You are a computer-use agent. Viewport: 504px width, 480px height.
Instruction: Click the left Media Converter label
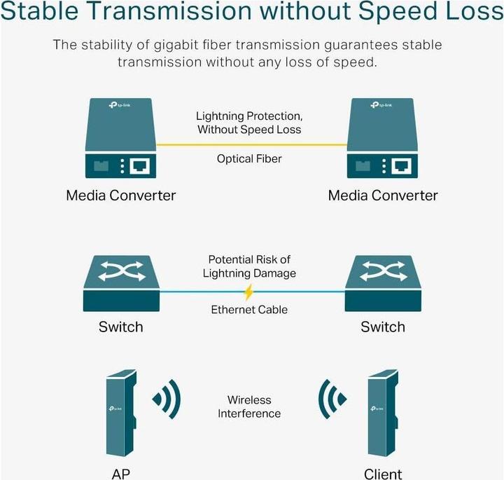point(120,195)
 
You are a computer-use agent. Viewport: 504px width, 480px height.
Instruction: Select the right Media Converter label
point(383,195)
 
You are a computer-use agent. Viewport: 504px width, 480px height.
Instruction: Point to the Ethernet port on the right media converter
point(402,167)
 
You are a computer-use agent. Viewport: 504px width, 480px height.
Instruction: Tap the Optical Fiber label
point(249,159)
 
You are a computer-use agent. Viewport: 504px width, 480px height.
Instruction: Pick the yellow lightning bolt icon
point(248,292)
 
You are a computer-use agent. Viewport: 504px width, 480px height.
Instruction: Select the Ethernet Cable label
point(249,310)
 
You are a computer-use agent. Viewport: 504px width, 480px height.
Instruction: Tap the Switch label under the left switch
point(120,327)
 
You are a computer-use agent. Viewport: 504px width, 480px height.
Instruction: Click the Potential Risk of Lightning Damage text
point(249,266)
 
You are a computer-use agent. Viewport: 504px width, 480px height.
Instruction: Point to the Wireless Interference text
point(249,406)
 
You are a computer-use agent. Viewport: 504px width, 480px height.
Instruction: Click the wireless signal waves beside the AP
point(167,400)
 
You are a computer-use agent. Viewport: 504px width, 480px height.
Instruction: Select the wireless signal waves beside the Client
point(332,400)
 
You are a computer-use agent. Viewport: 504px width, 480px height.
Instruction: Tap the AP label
point(120,474)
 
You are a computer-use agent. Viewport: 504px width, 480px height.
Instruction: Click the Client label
point(383,474)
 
